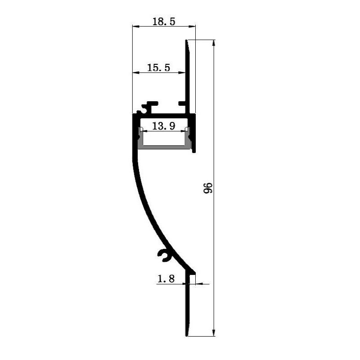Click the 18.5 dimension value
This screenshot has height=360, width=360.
(x=163, y=21)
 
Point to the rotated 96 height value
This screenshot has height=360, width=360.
(x=207, y=188)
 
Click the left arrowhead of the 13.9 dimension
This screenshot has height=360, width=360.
(x=142, y=131)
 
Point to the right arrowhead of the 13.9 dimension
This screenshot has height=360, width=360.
(x=185, y=131)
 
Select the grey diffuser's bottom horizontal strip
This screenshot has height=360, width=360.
(x=164, y=147)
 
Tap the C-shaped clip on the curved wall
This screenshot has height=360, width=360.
(x=163, y=254)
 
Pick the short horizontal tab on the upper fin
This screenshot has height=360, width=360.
(x=182, y=103)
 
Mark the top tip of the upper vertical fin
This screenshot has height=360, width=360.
(x=187, y=41)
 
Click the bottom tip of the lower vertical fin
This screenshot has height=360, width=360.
(x=187, y=335)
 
